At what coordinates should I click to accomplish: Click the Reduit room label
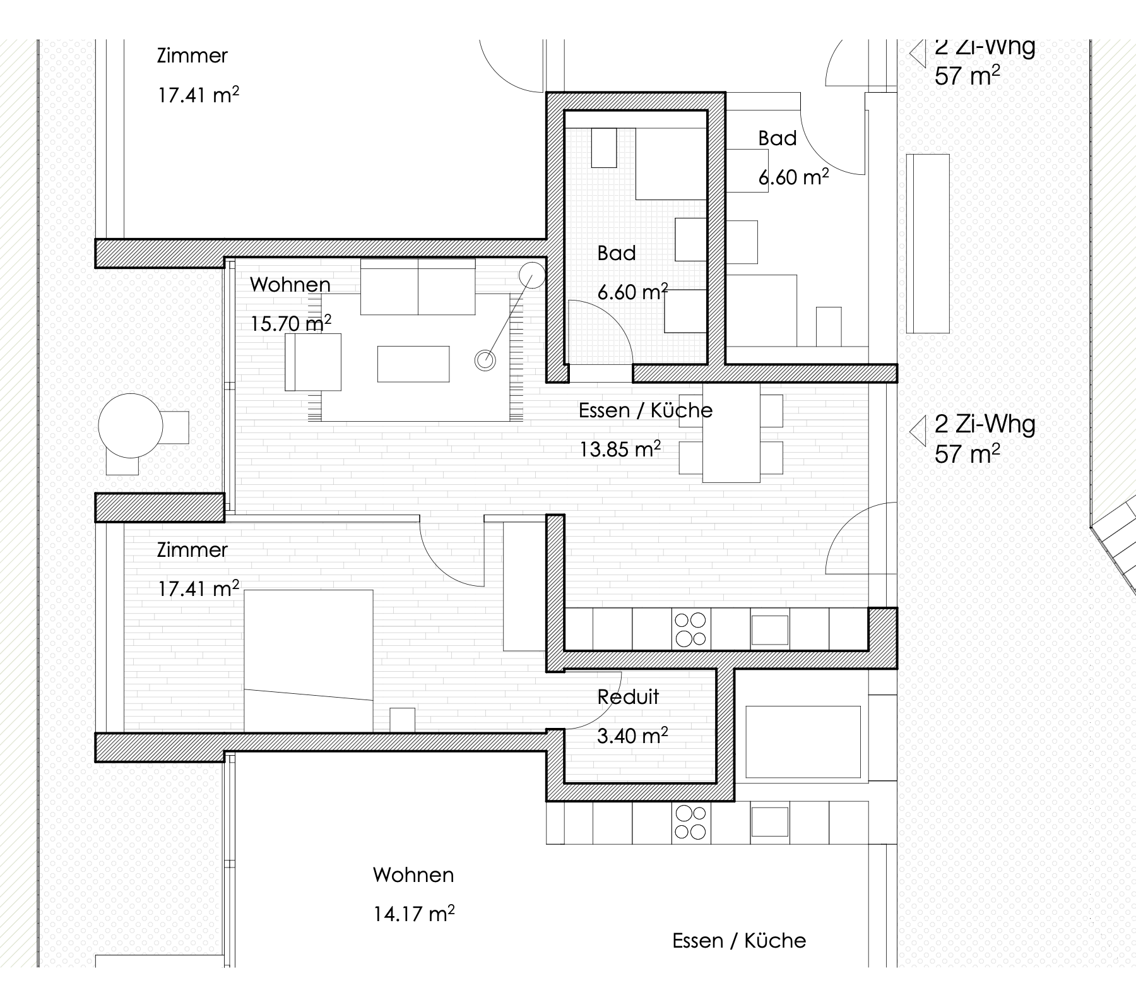point(628,697)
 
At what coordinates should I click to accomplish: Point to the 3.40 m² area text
point(632,736)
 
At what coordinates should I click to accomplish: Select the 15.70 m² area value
point(291,323)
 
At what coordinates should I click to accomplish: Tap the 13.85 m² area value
point(620,449)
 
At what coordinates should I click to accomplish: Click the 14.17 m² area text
point(414,913)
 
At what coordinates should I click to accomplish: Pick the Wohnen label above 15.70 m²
point(290,285)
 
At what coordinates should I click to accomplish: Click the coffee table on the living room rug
point(413,364)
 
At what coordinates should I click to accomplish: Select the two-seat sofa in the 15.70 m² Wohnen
point(418,287)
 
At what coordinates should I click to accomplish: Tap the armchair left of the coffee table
point(313,362)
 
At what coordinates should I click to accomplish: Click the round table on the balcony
point(131,426)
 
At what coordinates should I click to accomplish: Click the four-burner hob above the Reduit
point(690,629)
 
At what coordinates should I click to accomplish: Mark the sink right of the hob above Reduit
point(769,629)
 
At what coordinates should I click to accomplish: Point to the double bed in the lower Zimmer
point(309,661)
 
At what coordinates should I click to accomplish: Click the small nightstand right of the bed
point(403,720)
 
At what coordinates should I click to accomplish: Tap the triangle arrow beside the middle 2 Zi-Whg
point(917,432)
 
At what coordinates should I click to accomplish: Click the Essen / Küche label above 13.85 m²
point(646,410)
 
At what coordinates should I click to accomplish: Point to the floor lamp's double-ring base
point(485,360)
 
